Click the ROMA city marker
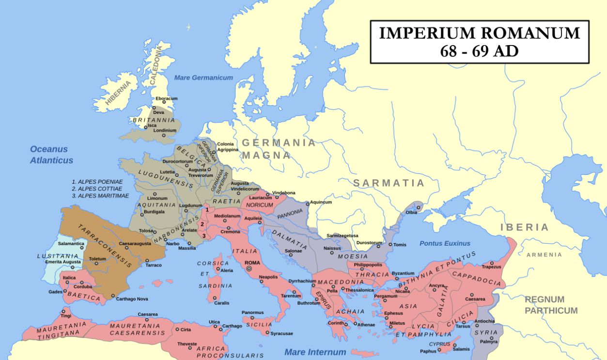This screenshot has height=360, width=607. tap(249, 268)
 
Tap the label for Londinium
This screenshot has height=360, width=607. tap(165, 130)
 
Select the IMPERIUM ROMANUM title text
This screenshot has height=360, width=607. tap(479, 33)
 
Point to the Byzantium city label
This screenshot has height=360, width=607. tap(403, 274)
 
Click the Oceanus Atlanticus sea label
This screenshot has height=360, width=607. tap(51, 155)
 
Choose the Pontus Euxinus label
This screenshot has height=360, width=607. tap(445, 243)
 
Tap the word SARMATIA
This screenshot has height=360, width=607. tap(389, 183)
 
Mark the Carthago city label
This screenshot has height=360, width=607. tap(232, 326)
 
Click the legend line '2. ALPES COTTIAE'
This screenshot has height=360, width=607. tap(99, 188)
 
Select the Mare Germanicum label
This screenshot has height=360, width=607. tap(203, 78)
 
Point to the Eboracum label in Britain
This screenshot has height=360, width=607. tap(167, 99)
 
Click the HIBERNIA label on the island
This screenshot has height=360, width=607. tap(118, 93)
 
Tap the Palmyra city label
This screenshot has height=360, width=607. tap(488, 342)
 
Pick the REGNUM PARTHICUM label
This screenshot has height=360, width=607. tap(551, 305)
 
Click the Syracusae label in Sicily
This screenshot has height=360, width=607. tap(282, 334)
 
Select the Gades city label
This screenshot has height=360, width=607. tap(55, 292)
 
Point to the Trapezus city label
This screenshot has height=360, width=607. tap(491, 267)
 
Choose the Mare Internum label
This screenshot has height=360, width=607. tap(315, 352)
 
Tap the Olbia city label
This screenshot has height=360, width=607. tap(411, 213)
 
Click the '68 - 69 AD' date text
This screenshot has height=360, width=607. tap(479, 51)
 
